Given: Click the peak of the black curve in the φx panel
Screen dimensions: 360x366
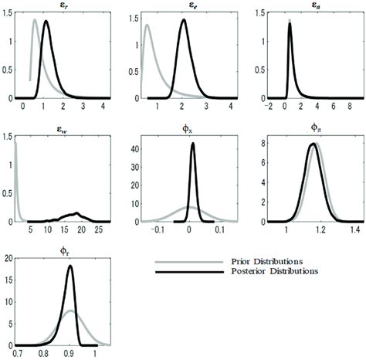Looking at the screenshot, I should pyautogui.click(x=192, y=143).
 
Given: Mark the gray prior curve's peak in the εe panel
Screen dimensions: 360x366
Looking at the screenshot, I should pyautogui.click(x=147, y=25).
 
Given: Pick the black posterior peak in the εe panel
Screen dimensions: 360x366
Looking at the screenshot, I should pyautogui.click(x=183, y=20).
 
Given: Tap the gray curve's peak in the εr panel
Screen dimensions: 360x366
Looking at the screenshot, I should pyautogui.click(x=35, y=20).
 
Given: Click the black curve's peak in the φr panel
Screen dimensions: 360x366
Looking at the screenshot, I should pyautogui.click(x=70, y=267).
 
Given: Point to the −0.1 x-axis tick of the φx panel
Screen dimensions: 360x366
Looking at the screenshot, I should pyautogui.click(x=158, y=229).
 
